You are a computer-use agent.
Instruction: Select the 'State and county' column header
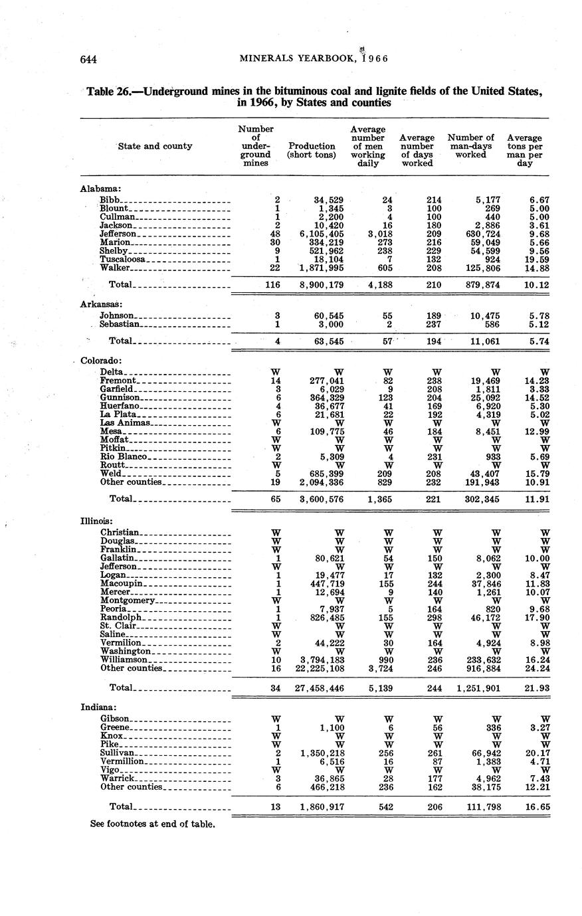tap(155, 146)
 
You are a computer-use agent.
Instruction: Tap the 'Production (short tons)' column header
tap(311, 150)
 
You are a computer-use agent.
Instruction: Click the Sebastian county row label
tap(120, 324)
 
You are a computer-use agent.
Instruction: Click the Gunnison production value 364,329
tap(322, 397)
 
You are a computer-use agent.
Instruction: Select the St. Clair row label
tap(118, 626)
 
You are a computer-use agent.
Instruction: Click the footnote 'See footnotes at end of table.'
tap(153, 824)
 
